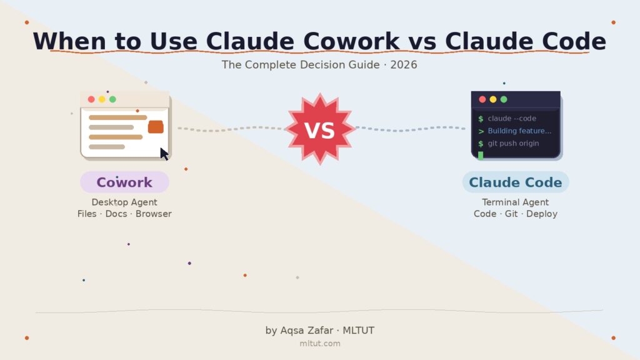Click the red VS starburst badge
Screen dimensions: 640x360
320,129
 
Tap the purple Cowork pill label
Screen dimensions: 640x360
124,182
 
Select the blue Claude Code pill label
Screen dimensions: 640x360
516,182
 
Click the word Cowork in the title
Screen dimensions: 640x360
351,41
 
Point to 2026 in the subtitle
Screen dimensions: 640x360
404,65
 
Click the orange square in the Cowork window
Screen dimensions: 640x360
156,127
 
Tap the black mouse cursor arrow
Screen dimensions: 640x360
164,154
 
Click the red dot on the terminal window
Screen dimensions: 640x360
482,99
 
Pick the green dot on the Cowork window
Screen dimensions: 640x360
112,99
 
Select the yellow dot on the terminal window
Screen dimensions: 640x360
493,99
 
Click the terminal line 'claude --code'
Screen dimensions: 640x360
512,118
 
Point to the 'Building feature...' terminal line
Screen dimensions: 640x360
519,131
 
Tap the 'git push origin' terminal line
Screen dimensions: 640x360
514,143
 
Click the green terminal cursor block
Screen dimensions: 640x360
481,155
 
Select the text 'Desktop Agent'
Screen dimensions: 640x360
124,202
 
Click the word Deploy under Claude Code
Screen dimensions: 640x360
542,214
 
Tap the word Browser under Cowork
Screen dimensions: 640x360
154,214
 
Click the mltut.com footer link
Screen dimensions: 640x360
320,344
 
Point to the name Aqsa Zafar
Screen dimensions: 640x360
306,331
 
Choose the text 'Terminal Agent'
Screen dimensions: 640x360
516,202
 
